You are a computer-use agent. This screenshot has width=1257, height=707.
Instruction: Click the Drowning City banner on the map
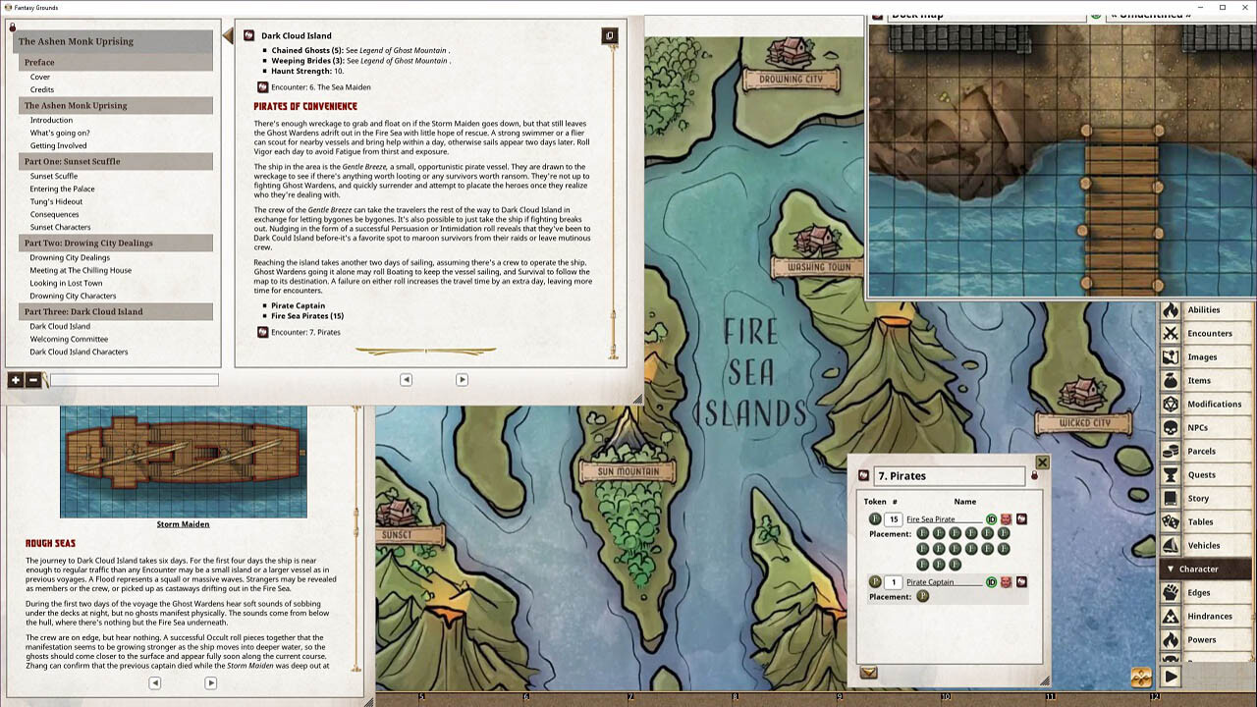[792, 80]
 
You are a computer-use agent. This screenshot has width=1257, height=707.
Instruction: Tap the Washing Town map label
[818, 267]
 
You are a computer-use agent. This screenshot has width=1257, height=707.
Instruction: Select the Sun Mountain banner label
[628, 472]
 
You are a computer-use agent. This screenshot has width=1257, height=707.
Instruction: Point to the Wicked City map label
[1085, 423]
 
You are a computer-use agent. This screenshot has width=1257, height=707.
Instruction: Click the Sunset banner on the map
[398, 535]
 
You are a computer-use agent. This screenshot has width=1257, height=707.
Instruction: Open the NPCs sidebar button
[1197, 428]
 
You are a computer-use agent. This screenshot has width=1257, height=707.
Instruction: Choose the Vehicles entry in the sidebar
[1203, 546]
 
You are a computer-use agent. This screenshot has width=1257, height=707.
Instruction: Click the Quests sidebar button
[1201, 475]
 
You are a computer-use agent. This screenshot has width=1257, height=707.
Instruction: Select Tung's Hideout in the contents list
[56, 201]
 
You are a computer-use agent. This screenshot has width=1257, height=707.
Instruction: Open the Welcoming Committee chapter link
[69, 339]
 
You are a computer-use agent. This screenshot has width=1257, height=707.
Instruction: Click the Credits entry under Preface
[42, 89]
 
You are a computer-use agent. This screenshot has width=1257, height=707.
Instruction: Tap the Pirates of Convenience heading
[305, 106]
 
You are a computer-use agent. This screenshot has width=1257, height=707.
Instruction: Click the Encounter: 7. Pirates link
[305, 332]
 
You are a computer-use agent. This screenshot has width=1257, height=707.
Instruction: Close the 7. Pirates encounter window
[1042, 462]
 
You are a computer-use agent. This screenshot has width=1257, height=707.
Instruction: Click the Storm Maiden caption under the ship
[183, 524]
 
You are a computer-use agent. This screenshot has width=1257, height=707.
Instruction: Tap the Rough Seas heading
[50, 543]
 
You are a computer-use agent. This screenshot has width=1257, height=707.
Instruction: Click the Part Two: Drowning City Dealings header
[88, 243]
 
